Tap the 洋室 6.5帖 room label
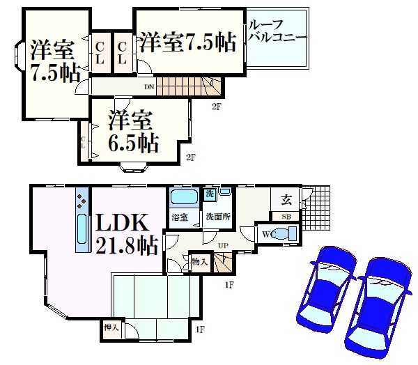(132, 132)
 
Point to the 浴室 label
(180, 218)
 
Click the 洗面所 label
(217, 217)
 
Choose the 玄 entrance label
(286, 201)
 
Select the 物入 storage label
(199, 262)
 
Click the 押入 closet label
(111, 327)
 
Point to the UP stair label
(222, 246)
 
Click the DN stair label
(148, 87)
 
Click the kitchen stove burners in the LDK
(82, 203)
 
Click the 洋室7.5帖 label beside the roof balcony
(185, 42)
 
